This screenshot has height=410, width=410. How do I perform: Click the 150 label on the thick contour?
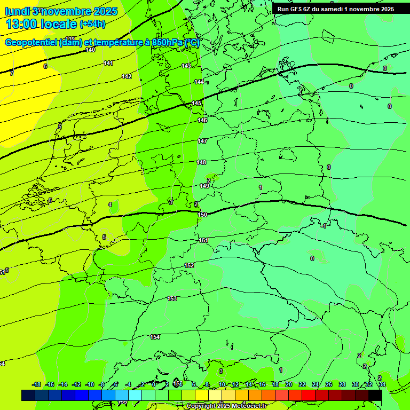click(x=202, y=215)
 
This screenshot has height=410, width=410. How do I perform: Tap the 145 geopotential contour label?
click(x=197, y=103)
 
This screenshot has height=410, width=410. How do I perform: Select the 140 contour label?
click(x=90, y=50)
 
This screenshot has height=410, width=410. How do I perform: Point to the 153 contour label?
click(x=172, y=298)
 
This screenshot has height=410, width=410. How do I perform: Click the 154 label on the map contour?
click(x=155, y=337)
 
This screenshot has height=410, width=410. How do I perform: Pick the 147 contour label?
click(x=202, y=141)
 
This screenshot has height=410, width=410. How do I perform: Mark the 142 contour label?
click(x=127, y=76)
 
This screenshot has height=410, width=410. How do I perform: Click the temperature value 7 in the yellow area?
click(x=12, y=73)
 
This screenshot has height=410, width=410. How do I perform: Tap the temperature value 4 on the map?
click(x=110, y=204)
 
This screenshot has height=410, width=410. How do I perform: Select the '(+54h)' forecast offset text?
click(x=92, y=24)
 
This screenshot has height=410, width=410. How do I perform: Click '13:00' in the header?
click(x=22, y=24)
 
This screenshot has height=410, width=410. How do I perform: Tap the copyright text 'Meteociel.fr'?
click(x=247, y=406)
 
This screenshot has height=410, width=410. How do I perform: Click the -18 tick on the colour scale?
click(x=37, y=384)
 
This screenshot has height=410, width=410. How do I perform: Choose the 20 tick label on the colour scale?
click(x=289, y=384)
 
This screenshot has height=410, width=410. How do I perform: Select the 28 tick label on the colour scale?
click(x=342, y=384)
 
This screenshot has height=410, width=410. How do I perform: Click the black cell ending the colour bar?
click(x=375, y=395)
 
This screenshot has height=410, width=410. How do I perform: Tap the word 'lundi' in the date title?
click(x=15, y=11)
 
